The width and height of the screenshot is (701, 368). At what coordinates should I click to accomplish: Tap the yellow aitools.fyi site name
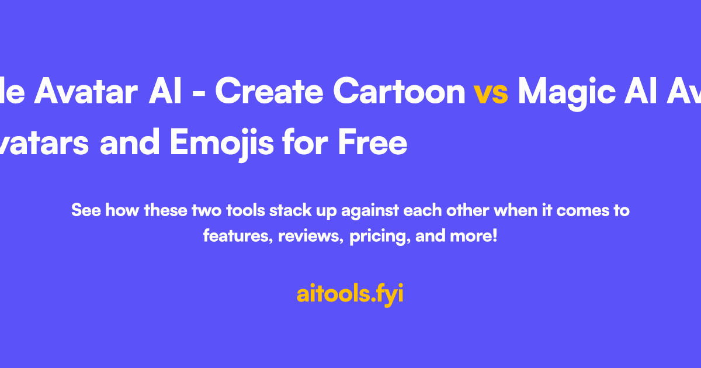point(350,294)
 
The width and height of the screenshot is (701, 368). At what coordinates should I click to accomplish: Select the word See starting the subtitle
point(85,210)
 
